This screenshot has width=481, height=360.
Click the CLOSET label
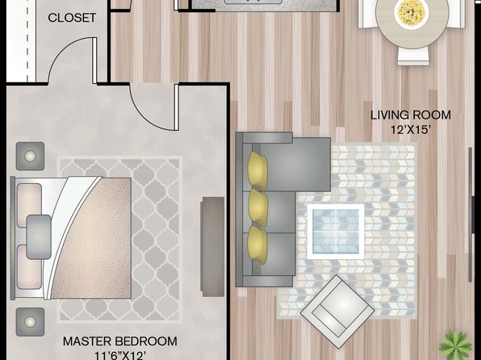72,18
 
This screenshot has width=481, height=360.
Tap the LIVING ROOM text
411,115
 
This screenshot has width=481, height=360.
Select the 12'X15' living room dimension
409,129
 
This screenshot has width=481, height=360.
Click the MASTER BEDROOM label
120,341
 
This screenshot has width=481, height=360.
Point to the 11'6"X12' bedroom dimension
120,355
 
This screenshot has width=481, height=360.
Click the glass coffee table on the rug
336,232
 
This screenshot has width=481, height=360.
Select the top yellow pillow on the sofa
257,170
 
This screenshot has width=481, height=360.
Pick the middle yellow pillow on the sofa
258,208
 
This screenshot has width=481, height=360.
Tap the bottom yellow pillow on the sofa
257,245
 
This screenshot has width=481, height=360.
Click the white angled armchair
337,312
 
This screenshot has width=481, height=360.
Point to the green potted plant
455,345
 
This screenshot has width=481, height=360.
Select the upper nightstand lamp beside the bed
30,157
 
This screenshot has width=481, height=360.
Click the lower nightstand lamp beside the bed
30,322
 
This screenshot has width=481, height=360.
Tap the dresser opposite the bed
212,247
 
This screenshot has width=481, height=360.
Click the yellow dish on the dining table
412,12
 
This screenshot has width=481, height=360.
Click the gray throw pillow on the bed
39,237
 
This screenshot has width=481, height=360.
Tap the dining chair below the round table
413,57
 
